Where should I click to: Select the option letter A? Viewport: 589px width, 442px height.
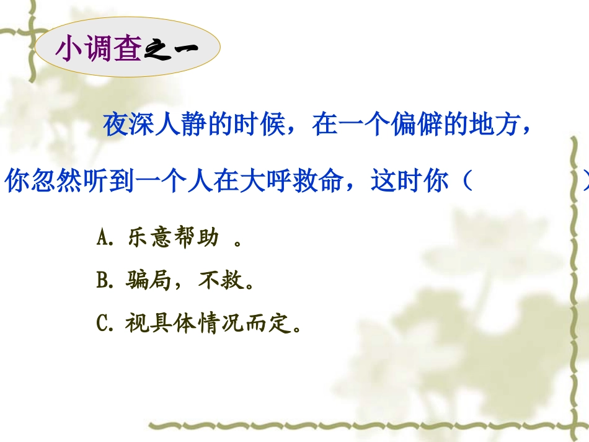[x=103, y=239]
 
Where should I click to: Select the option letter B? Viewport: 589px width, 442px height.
[x=103, y=281]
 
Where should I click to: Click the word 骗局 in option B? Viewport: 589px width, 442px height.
[x=148, y=281]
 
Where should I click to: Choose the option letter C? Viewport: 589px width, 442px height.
[x=103, y=324]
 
